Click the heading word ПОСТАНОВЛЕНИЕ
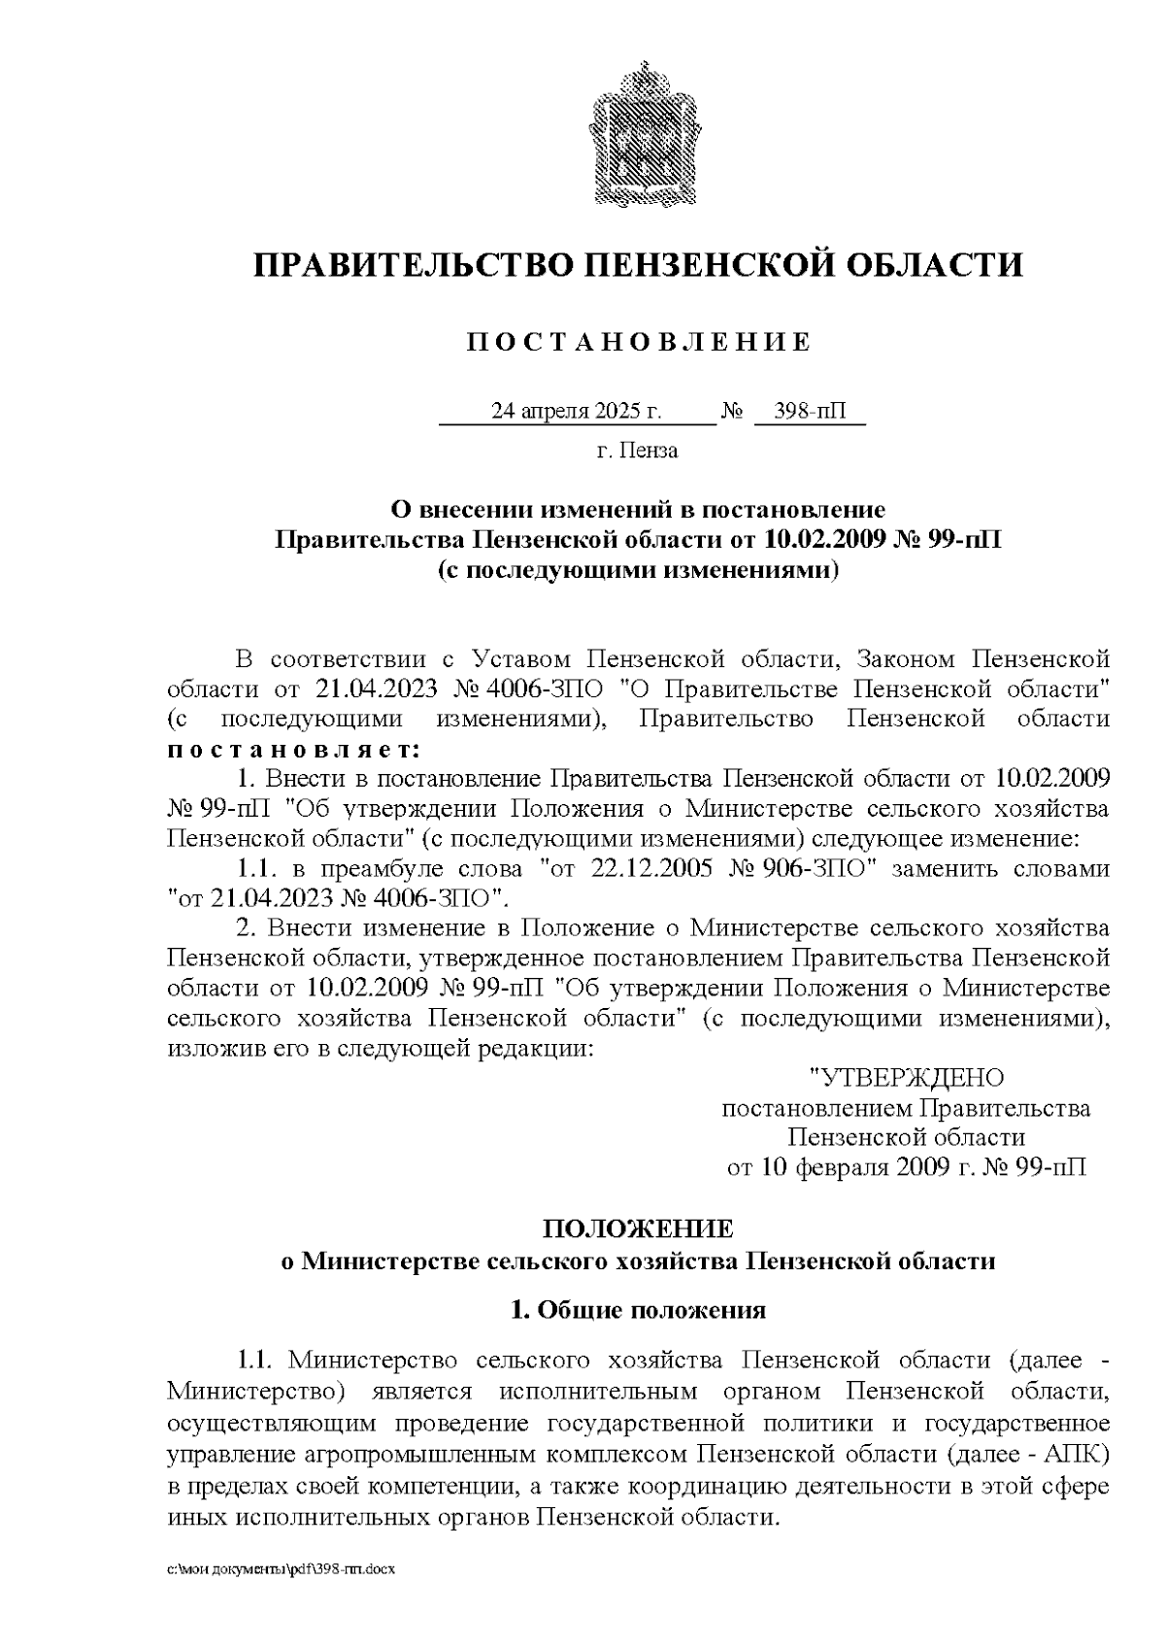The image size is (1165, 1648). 638,342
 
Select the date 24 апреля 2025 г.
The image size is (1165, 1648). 577,411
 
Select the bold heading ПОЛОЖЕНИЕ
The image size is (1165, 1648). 637,1228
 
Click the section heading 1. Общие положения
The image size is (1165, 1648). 638,1310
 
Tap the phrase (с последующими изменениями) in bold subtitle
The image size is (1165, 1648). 638,570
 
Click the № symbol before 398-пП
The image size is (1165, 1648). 732,411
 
